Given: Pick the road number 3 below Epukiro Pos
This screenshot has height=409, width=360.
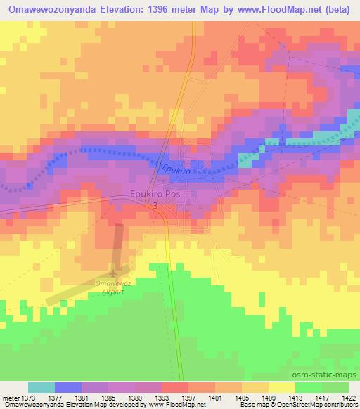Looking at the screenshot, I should coord(155,207).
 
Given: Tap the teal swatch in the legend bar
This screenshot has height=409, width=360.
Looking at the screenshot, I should coord(41,387).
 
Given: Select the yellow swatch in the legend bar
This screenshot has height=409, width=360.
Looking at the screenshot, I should coord(282,387).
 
